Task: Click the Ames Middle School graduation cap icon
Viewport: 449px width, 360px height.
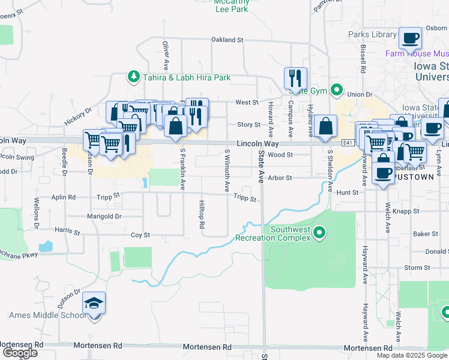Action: point(94,303)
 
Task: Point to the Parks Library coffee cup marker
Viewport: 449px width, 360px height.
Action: point(411,39)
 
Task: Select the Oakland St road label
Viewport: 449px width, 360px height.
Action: point(227,40)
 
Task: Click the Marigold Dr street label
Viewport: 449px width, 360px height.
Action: point(104,216)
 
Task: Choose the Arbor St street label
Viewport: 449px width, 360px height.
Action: point(280,178)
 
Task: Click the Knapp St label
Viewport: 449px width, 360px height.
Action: point(406,211)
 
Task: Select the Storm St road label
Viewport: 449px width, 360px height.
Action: point(414,268)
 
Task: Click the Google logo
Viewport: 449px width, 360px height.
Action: point(19,352)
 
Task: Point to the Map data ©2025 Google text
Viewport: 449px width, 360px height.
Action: point(411,355)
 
